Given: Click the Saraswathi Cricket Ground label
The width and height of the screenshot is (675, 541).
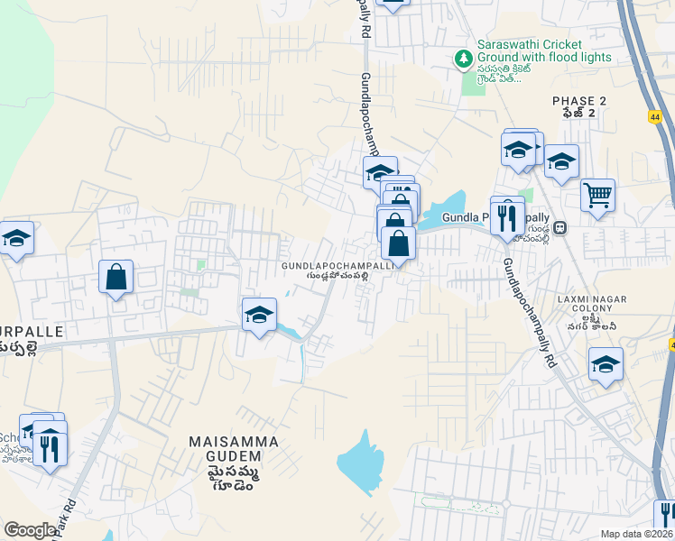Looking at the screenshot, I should pyautogui.click(x=542, y=50).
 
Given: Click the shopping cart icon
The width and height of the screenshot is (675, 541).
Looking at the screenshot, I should pyautogui.click(x=597, y=194).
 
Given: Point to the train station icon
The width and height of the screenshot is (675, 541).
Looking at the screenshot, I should pyautogui.click(x=560, y=228).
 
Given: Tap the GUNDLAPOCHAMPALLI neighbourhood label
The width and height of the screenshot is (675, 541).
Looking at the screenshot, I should pyautogui.click(x=337, y=267).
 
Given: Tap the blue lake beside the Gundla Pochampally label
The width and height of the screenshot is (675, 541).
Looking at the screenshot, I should pyautogui.click(x=448, y=210).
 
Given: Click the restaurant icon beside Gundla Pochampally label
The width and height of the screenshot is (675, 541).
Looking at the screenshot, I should pyautogui.click(x=507, y=217).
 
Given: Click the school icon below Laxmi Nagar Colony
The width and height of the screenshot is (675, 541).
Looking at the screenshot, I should pyautogui.click(x=606, y=364).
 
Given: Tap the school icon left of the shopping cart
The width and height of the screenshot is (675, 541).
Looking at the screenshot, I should pyautogui.click(x=561, y=162).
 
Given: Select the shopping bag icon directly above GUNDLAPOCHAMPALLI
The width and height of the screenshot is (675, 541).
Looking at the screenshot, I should pyautogui.click(x=398, y=243).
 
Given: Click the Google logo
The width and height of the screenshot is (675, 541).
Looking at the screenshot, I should pyautogui.click(x=30, y=530).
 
